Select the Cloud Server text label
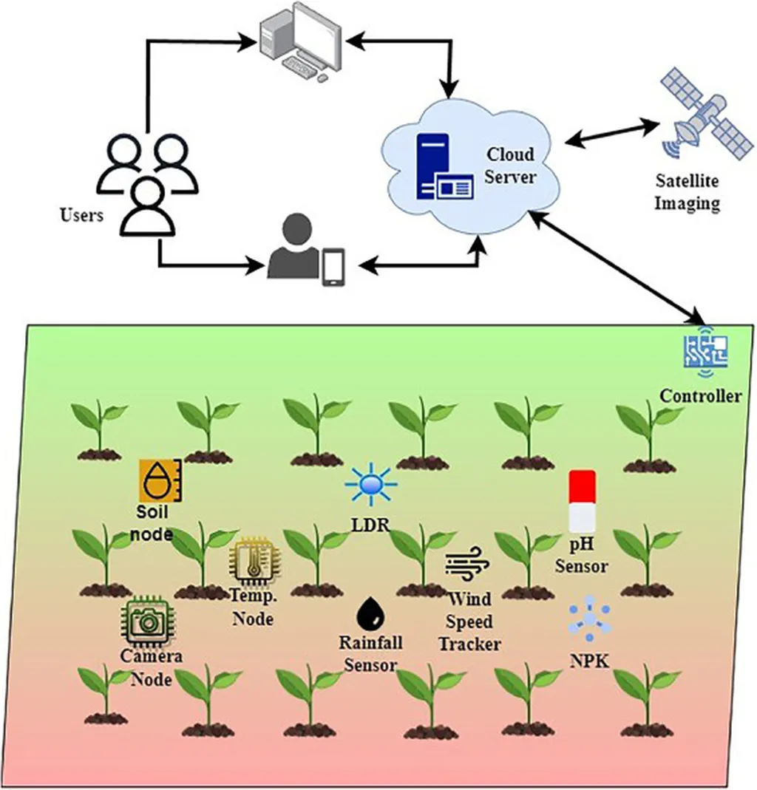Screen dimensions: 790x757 pyautogui.click(x=510, y=166)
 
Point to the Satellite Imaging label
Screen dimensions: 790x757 pyautogui.click(x=688, y=192)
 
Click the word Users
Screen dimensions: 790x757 pyautogui.click(x=81, y=216)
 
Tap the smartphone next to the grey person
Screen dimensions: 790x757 pyautogui.click(x=333, y=267)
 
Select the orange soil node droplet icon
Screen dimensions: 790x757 pyautogui.click(x=160, y=481)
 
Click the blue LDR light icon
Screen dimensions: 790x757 pyautogui.click(x=370, y=485)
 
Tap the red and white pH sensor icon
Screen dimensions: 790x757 pyautogui.click(x=582, y=502)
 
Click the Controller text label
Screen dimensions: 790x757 pyautogui.click(x=700, y=396)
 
